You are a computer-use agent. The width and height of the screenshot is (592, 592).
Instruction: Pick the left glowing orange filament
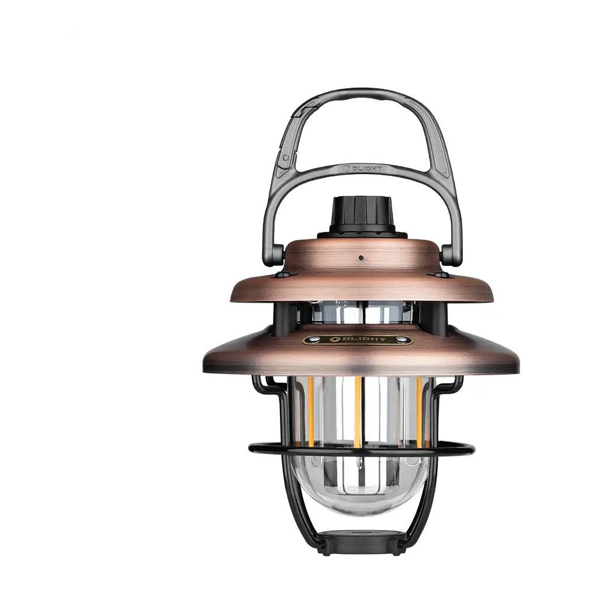pyautogui.click(x=310, y=409)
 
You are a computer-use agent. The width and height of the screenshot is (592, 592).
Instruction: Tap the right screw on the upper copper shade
pyautogui.click(x=439, y=274)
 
